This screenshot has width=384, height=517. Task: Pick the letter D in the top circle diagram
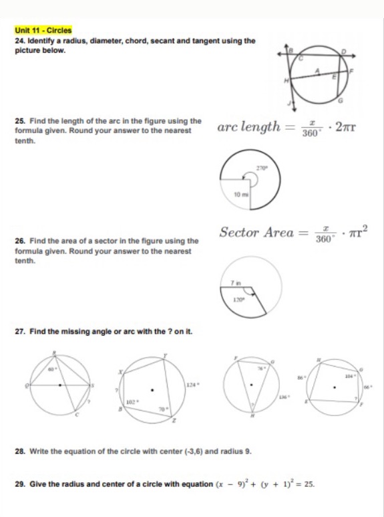345,51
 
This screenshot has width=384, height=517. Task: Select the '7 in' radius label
235,284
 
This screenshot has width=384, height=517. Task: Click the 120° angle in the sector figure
236,300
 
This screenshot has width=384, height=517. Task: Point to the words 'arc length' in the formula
248,126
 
